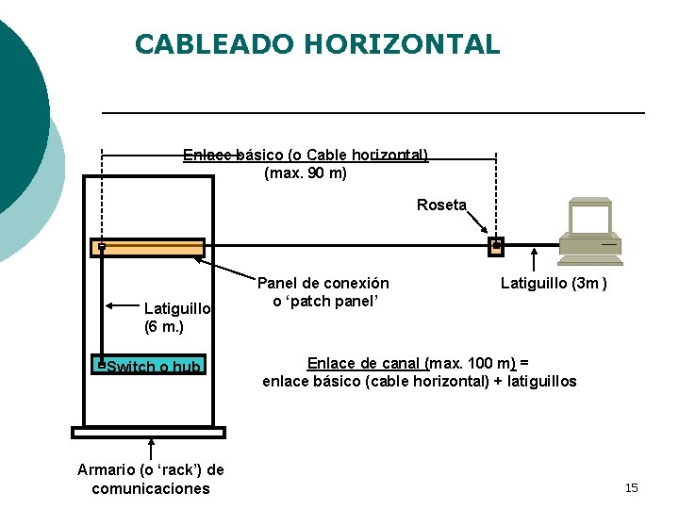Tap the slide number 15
[x=632, y=487]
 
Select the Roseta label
[x=441, y=205]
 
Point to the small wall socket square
[x=496, y=246]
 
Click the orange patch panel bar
[x=148, y=247]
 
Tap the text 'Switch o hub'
[x=154, y=367]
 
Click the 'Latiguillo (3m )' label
[x=553, y=283]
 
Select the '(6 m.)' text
[x=164, y=327]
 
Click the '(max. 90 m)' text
[x=306, y=173]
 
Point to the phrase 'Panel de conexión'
[x=323, y=283]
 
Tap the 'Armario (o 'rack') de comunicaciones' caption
[x=151, y=479]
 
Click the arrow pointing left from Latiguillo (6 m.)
[x=123, y=305]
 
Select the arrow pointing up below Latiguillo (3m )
[x=535, y=259]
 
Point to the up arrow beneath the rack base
[x=151, y=450]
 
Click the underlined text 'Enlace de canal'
[x=366, y=363]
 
